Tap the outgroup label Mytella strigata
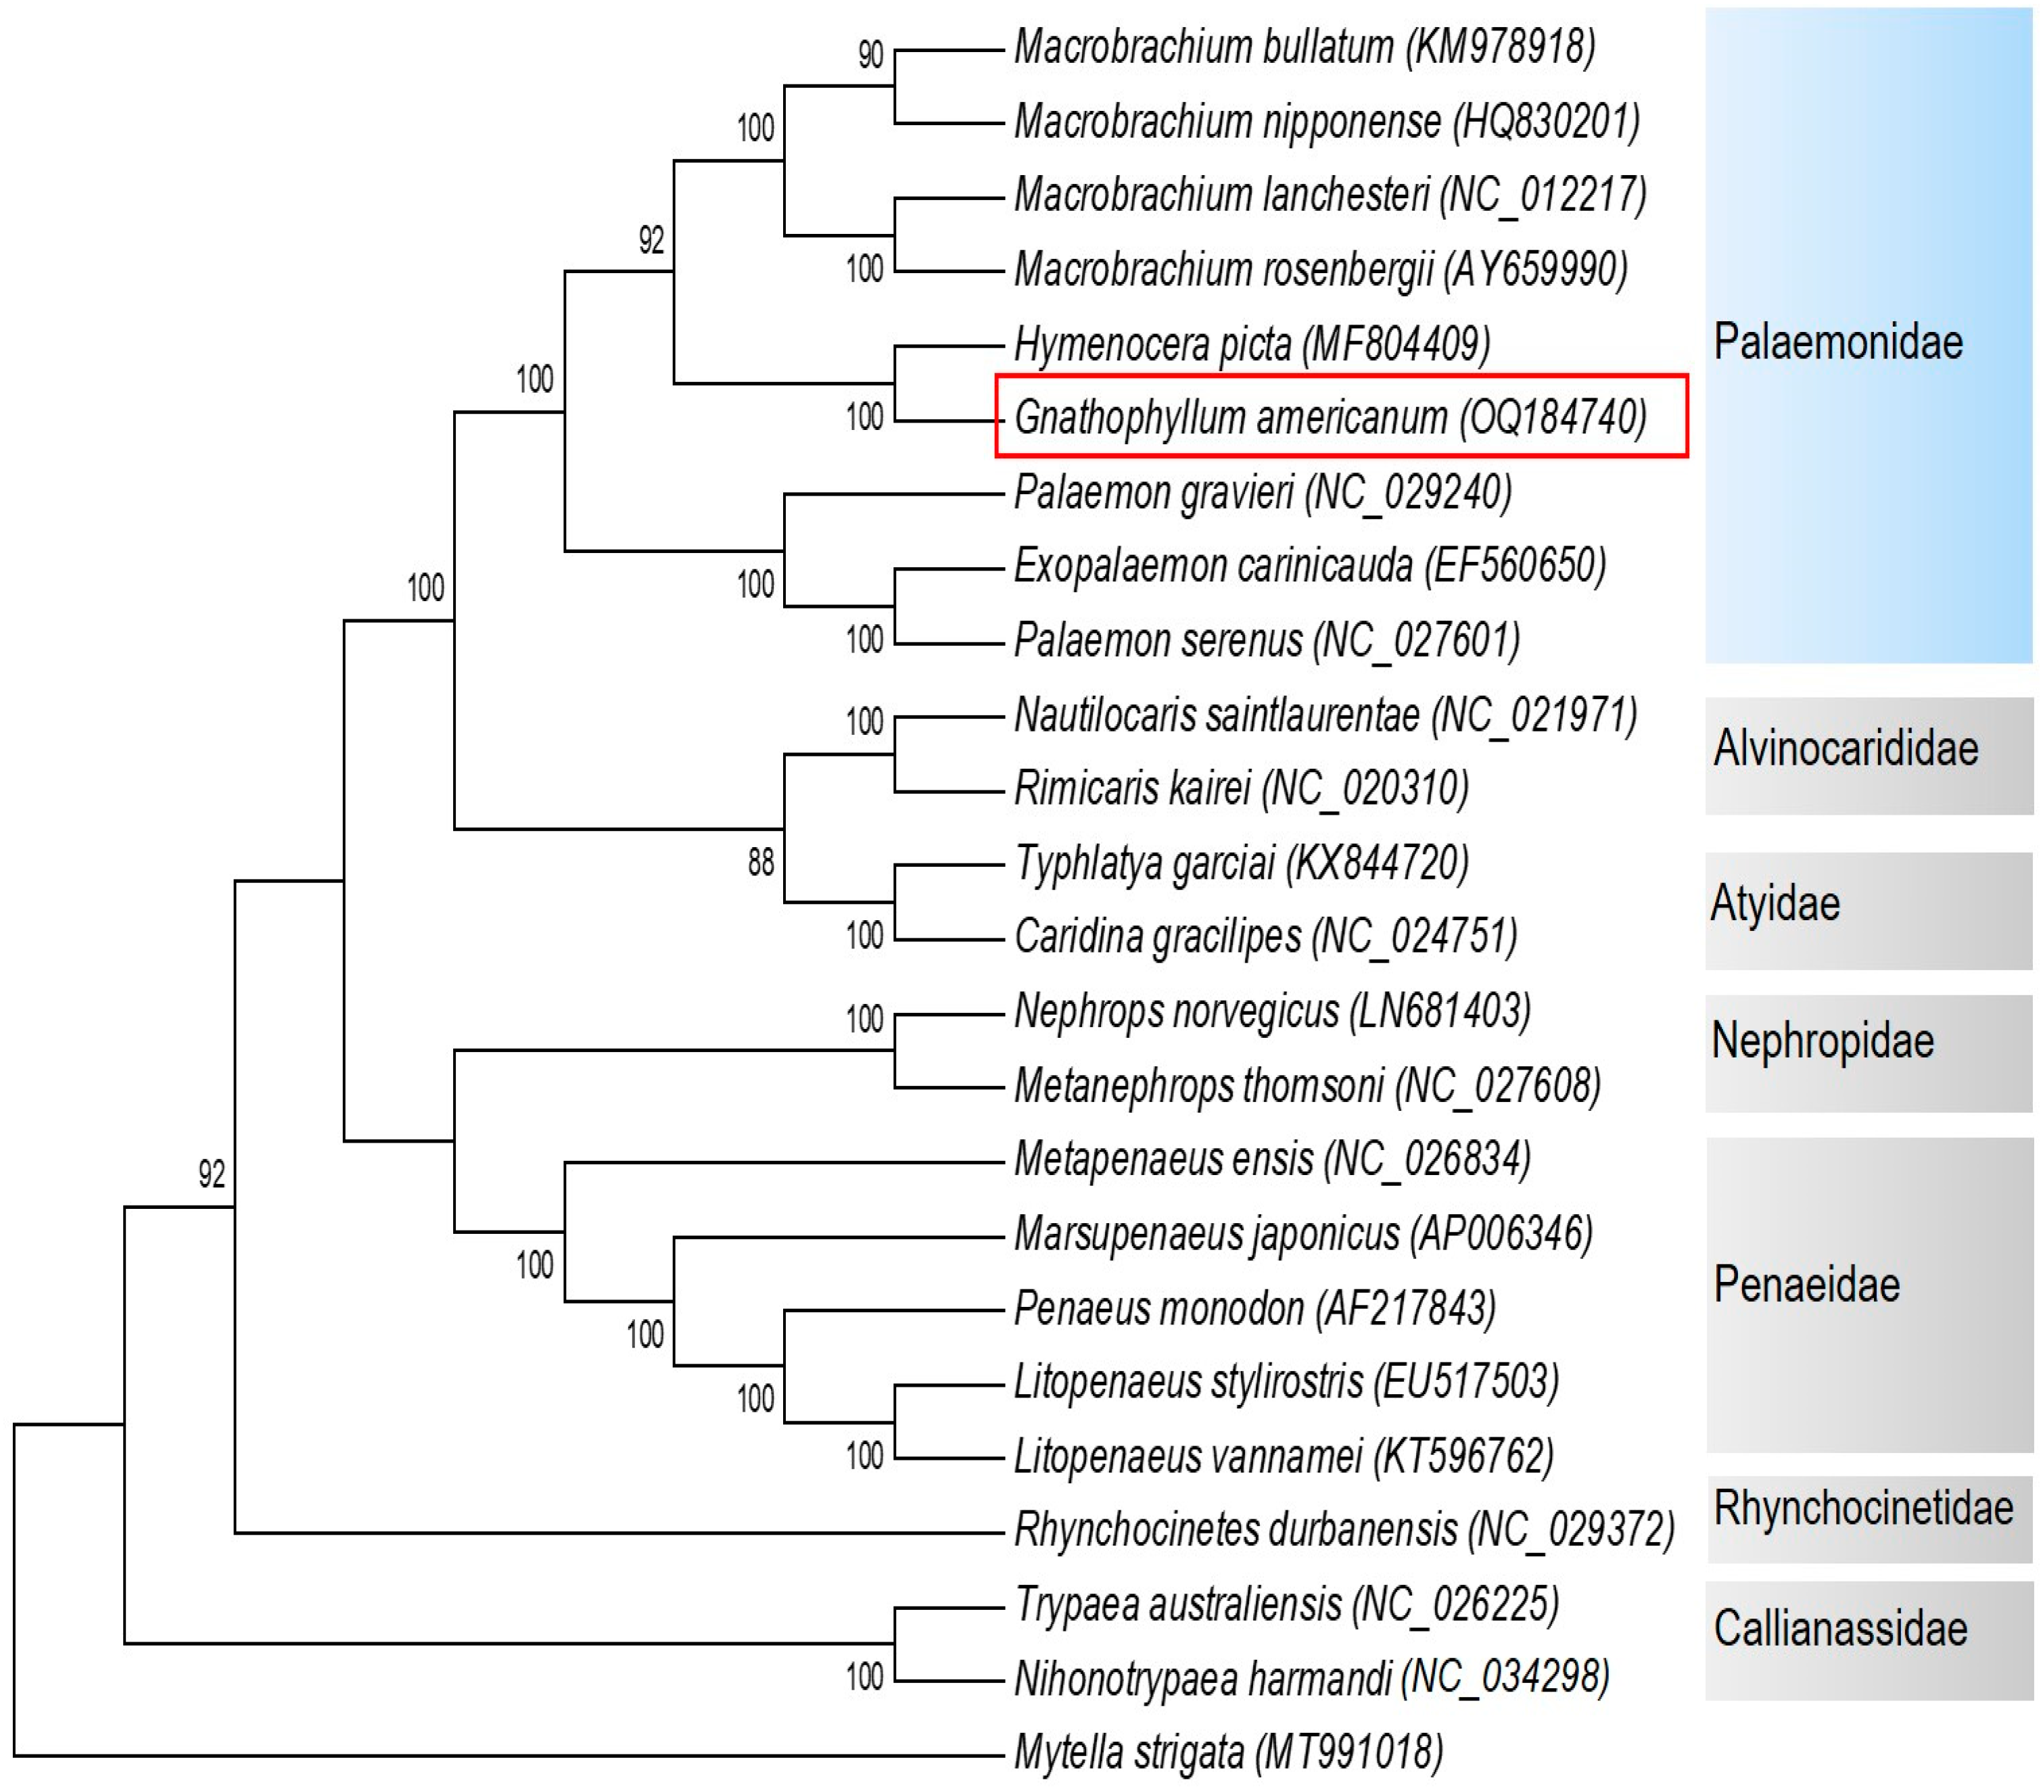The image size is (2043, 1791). (x=1228, y=1752)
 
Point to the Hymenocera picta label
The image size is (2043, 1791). (x=1251, y=344)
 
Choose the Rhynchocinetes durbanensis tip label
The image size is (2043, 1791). (x=1343, y=1529)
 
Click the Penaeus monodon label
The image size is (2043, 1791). (x=1254, y=1308)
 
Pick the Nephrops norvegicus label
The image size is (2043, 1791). (x=1271, y=1011)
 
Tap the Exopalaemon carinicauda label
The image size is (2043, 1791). (x=1309, y=567)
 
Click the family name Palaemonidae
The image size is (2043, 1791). (x=1837, y=342)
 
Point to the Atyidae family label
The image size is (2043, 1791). (x=1775, y=903)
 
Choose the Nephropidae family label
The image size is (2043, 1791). (x=1822, y=1041)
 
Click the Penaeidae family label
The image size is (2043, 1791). (x=1806, y=1285)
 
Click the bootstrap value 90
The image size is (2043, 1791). (x=870, y=55)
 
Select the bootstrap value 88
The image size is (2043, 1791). (x=761, y=861)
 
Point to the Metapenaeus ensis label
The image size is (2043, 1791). (x=1272, y=1160)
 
